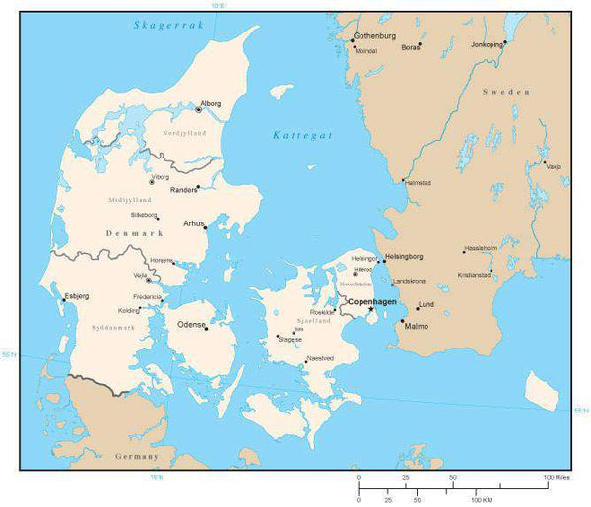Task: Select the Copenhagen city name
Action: (x=372, y=300)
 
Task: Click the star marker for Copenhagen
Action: (x=370, y=310)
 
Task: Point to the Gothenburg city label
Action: (x=375, y=37)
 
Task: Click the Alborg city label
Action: (x=210, y=103)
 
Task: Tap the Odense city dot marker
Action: (x=206, y=328)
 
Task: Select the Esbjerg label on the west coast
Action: (x=76, y=295)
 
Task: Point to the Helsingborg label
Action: (x=404, y=256)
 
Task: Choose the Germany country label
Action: (x=136, y=457)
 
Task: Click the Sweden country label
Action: (x=506, y=91)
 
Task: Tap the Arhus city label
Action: (x=193, y=223)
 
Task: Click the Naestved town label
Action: (x=319, y=359)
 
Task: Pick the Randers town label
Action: (x=184, y=190)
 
